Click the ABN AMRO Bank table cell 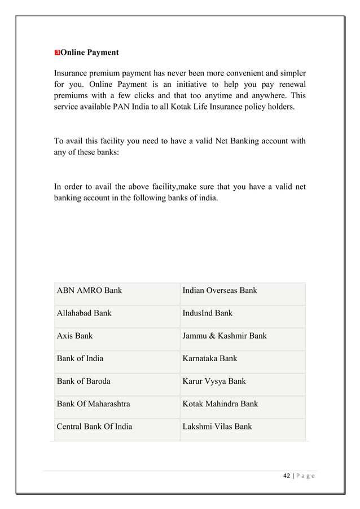click(x=89, y=291)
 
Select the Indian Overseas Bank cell click(x=219, y=291)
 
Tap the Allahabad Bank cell click(x=84, y=313)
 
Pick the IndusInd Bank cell click(x=207, y=313)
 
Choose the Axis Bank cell click(x=74, y=336)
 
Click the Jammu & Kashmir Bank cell click(x=225, y=336)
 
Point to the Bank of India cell click(x=80, y=358)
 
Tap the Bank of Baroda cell click(x=84, y=381)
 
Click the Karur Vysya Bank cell click(x=214, y=381)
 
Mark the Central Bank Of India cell click(x=94, y=426)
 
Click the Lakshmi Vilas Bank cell click(x=217, y=426)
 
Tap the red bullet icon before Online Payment click(x=56, y=53)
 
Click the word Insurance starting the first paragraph click(x=71, y=73)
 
